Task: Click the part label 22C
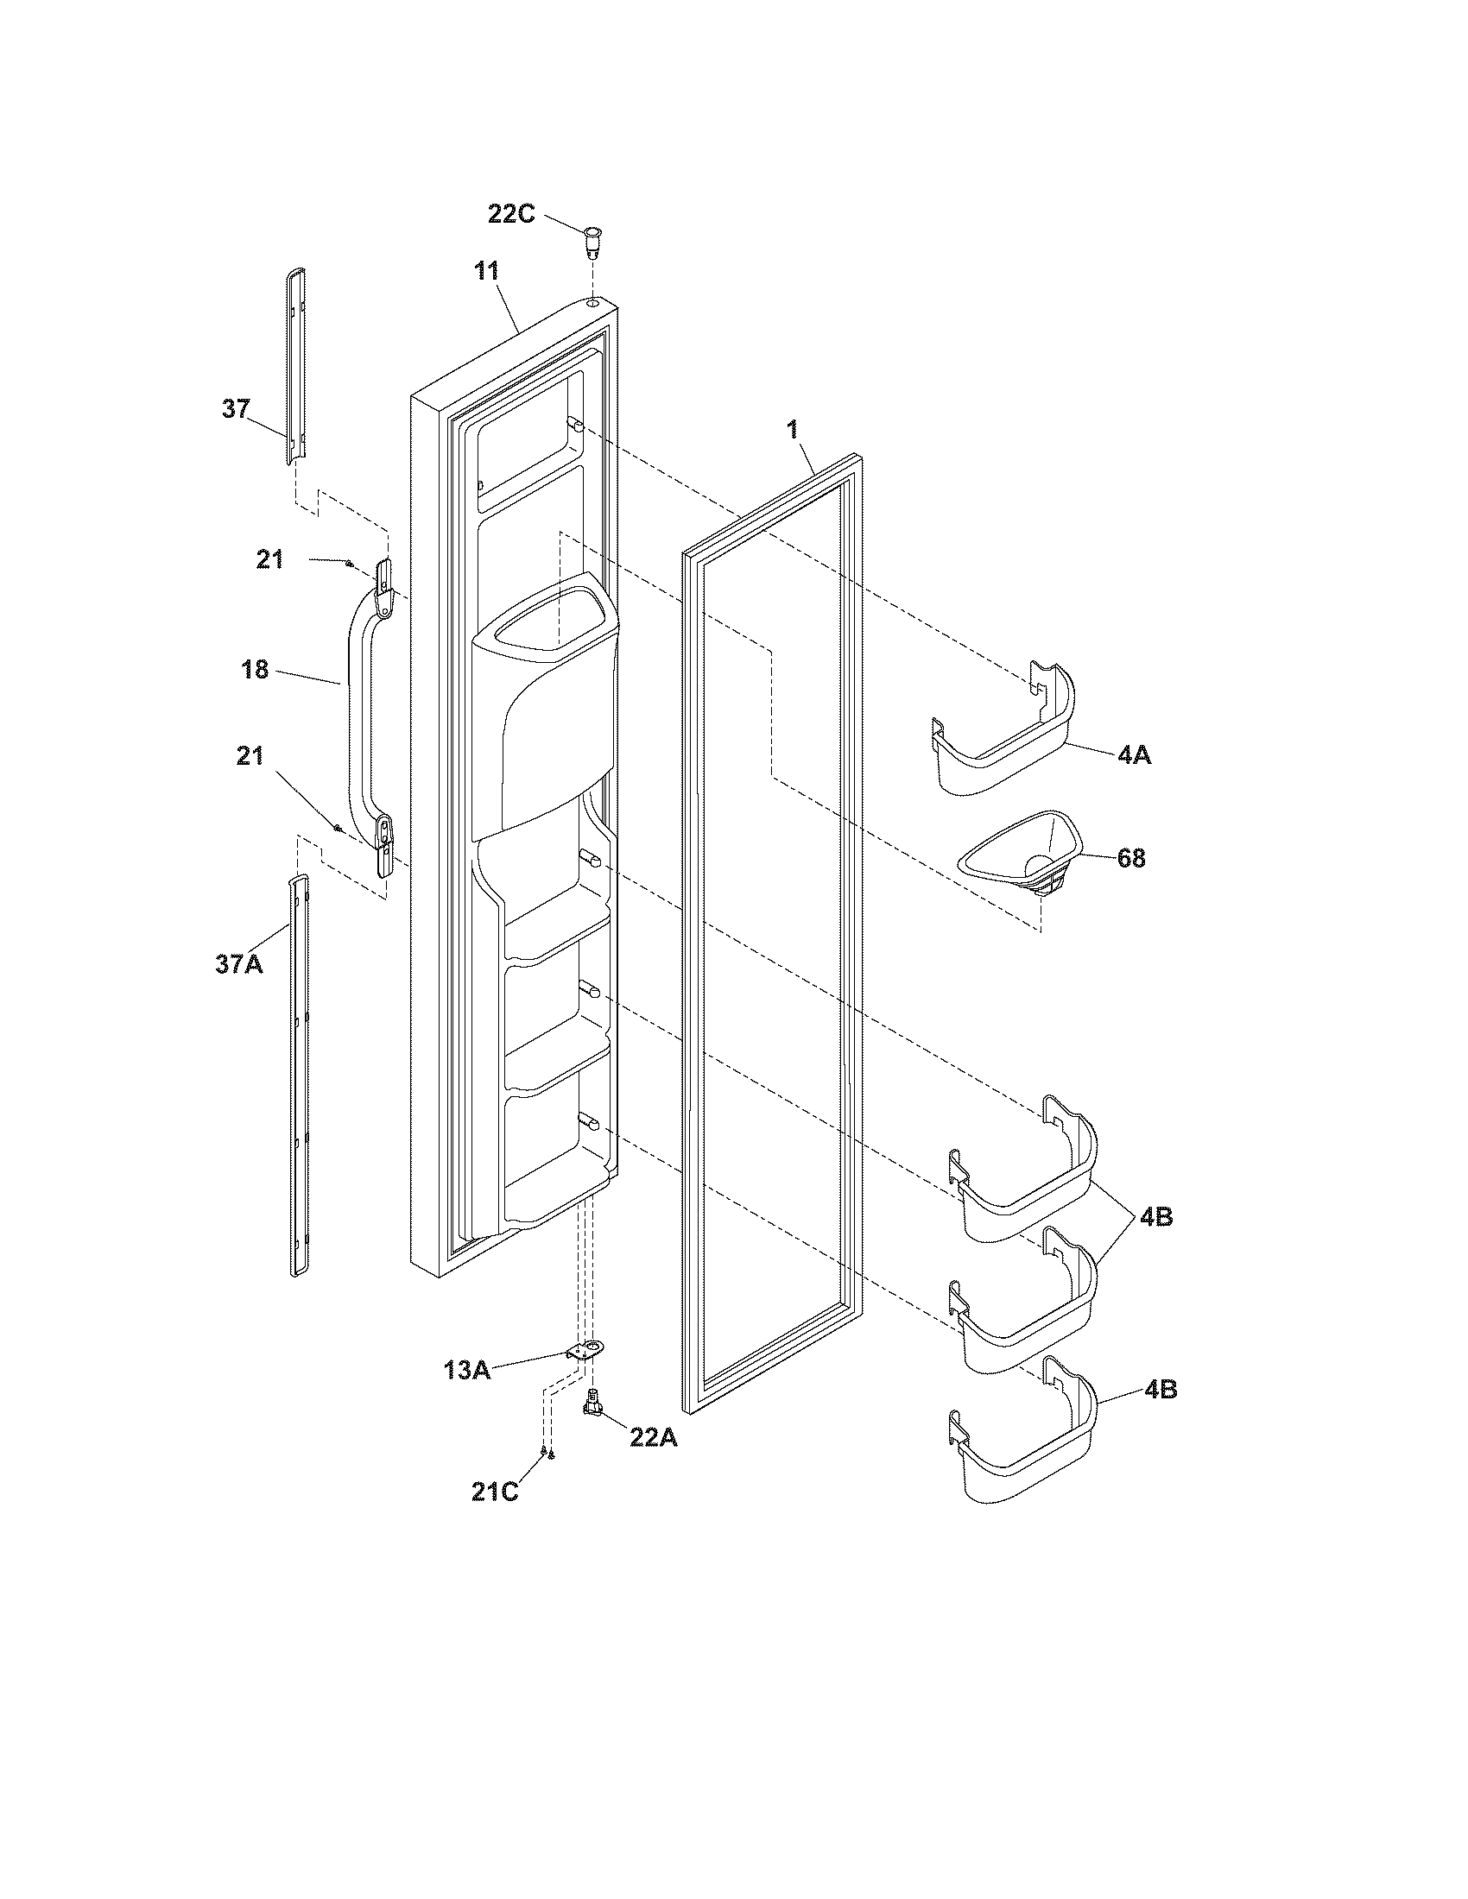pyautogui.click(x=510, y=213)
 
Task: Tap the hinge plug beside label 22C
pyautogui.click(x=592, y=241)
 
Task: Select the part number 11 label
pyautogui.click(x=487, y=270)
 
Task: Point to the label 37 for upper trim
pyautogui.click(x=236, y=408)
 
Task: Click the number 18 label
pyautogui.click(x=255, y=671)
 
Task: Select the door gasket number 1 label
pyautogui.click(x=792, y=430)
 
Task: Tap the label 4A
pyautogui.click(x=1135, y=754)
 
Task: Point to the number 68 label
pyautogui.click(x=1130, y=858)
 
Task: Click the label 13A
pyautogui.click(x=466, y=1372)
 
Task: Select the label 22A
pyautogui.click(x=653, y=1437)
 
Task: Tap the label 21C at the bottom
pyautogui.click(x=495, y=1493)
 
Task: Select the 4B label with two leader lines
pyautogui.click(x=1155, y=1217)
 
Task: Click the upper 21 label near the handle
pyautogui.click(x=269, y=559)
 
